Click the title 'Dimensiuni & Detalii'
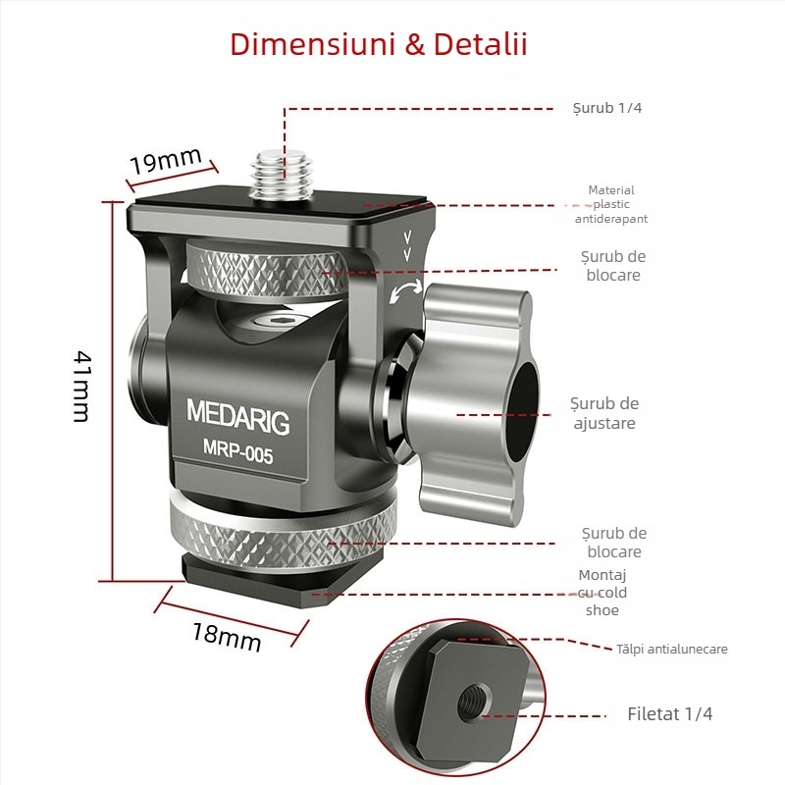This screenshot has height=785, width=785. (x=378, y=45)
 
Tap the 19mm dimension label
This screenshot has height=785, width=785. (x=166, y=160)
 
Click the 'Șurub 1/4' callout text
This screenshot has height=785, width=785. (x=607, y=108)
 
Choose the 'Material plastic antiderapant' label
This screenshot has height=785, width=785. (x=611, y=205)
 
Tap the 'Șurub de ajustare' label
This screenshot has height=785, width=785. (x=604, y=413)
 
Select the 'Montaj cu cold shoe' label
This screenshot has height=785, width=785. (x=602, y=593)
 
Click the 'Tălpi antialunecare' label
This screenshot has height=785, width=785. (x=672, y=649)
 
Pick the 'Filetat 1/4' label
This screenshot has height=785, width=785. (x=670, y=714)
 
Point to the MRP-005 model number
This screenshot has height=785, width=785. (x=238, y=455)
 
